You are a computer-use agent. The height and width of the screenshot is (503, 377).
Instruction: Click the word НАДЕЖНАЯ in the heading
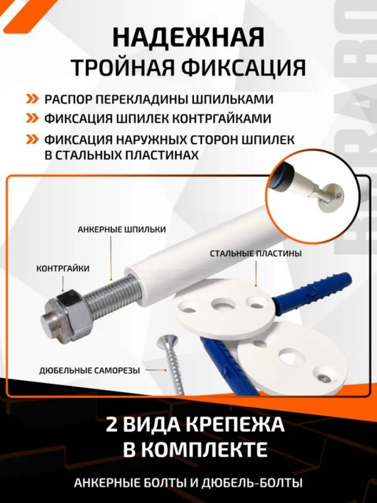tap(188, 38)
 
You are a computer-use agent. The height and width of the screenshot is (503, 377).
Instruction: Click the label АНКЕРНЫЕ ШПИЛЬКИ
tap(121, 230)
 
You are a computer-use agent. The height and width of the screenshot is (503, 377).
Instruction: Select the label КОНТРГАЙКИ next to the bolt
tap(63, 269)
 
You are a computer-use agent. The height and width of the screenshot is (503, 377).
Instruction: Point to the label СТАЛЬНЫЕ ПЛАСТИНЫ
tap(256, 254)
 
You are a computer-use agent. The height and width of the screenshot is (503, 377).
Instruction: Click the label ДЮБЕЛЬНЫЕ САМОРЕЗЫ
tap(89, 371)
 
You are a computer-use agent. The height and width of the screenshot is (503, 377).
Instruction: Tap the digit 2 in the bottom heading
tap(114, 425)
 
